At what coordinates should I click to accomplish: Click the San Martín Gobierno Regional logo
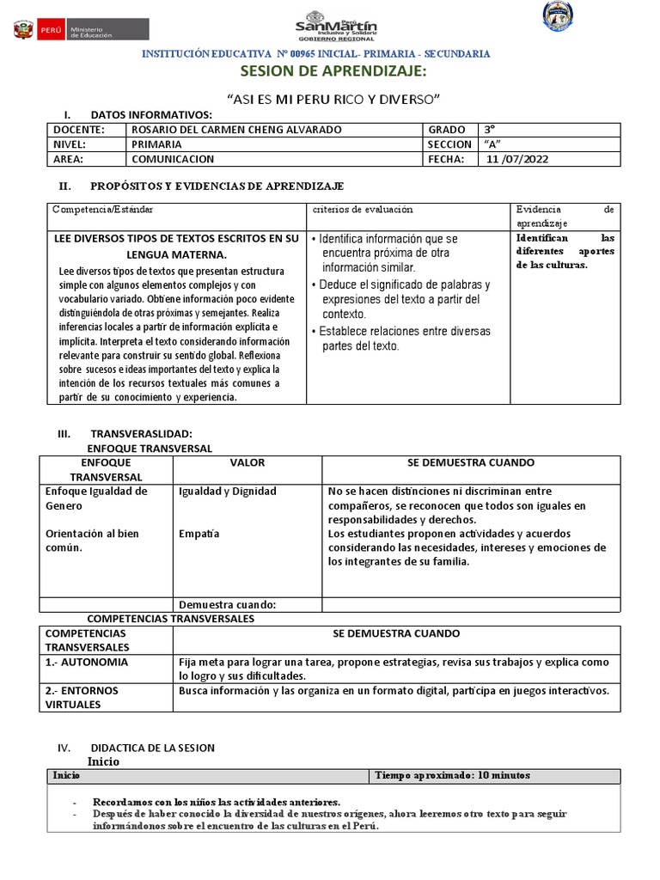(x=336, y=25)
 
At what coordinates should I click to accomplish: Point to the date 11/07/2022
(x=517, y=159)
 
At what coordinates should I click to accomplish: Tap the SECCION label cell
(x=449, y=144)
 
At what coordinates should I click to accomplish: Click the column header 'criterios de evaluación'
(x=363, y=209)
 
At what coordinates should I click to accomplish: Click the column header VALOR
(x=247, y=462)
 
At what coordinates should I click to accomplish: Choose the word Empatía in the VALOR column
(x=199, y=533)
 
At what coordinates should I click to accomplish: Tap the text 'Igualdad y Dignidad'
(x=227, y=492)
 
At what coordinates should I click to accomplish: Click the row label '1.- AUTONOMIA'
(x=87, y=663)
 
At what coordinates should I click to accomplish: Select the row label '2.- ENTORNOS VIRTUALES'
(x=82, y=697)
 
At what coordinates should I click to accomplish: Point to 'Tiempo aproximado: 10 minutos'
(x=452, y=775)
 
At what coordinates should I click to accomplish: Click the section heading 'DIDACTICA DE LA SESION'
(x=152, y=748)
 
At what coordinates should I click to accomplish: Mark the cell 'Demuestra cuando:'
(x=227, y=604)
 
